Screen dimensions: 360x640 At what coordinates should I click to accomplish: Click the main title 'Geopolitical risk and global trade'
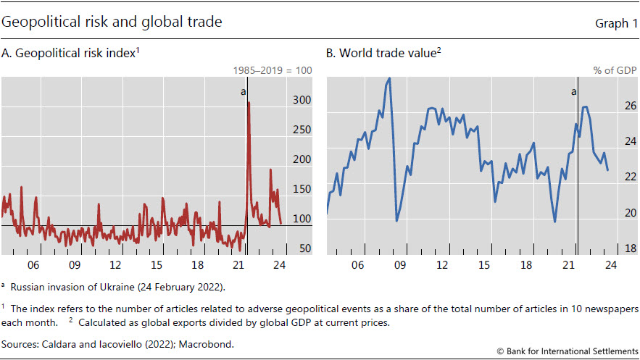(x=112, y=22)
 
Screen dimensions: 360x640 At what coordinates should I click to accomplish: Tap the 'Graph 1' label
(x=610, y=23)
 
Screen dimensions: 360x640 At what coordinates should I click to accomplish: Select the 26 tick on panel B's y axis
(x=610, y=106)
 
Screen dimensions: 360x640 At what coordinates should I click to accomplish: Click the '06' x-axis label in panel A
(x=33, y=265)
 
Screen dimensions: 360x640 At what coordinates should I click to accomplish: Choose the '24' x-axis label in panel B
(x=610, y=265)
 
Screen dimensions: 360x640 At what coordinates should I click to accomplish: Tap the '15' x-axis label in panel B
(x=483, y=265)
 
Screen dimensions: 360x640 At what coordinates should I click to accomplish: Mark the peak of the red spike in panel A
(x=249, y=102)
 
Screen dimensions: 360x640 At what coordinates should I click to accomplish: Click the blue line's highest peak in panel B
(x=389, y=78)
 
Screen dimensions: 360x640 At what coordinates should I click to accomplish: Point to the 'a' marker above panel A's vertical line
(x=243, y=92)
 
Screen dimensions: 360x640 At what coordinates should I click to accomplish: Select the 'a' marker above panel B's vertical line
(x=573, y=92)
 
